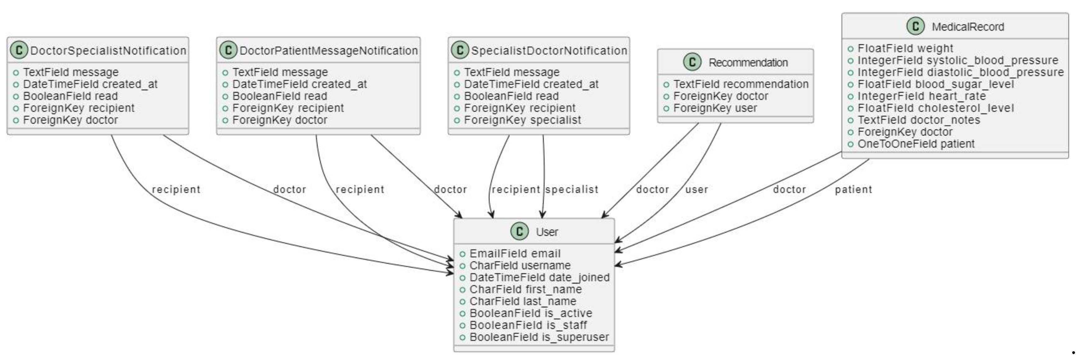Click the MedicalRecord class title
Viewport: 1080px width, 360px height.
point(967,27)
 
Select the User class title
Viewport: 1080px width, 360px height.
point(546,232)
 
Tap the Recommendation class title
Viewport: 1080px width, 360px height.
point(748,62)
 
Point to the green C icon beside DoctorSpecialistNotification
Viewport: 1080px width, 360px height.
point(19,50)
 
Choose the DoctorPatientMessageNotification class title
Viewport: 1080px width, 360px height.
point(328,51)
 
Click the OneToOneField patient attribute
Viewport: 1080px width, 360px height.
point(916,144)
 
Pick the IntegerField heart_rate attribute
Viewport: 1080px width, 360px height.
point(922,96)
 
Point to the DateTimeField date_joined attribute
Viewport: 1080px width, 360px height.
point(539,277)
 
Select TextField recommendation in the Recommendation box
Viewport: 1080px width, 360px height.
point(741,84)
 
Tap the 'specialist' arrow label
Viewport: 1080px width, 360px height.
point(572,189)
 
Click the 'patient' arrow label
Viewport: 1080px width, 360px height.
point(853,189)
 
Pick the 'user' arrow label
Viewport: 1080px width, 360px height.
point(696,189)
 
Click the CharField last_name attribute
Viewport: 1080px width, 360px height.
point(522,301)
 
